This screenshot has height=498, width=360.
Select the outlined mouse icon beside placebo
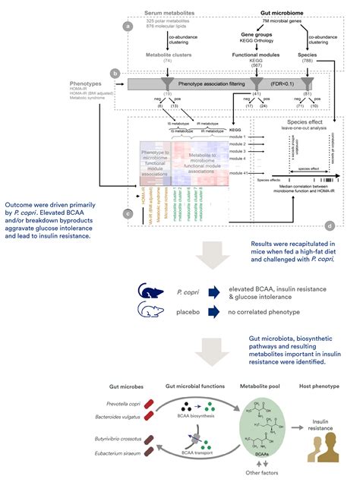(149, 310)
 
